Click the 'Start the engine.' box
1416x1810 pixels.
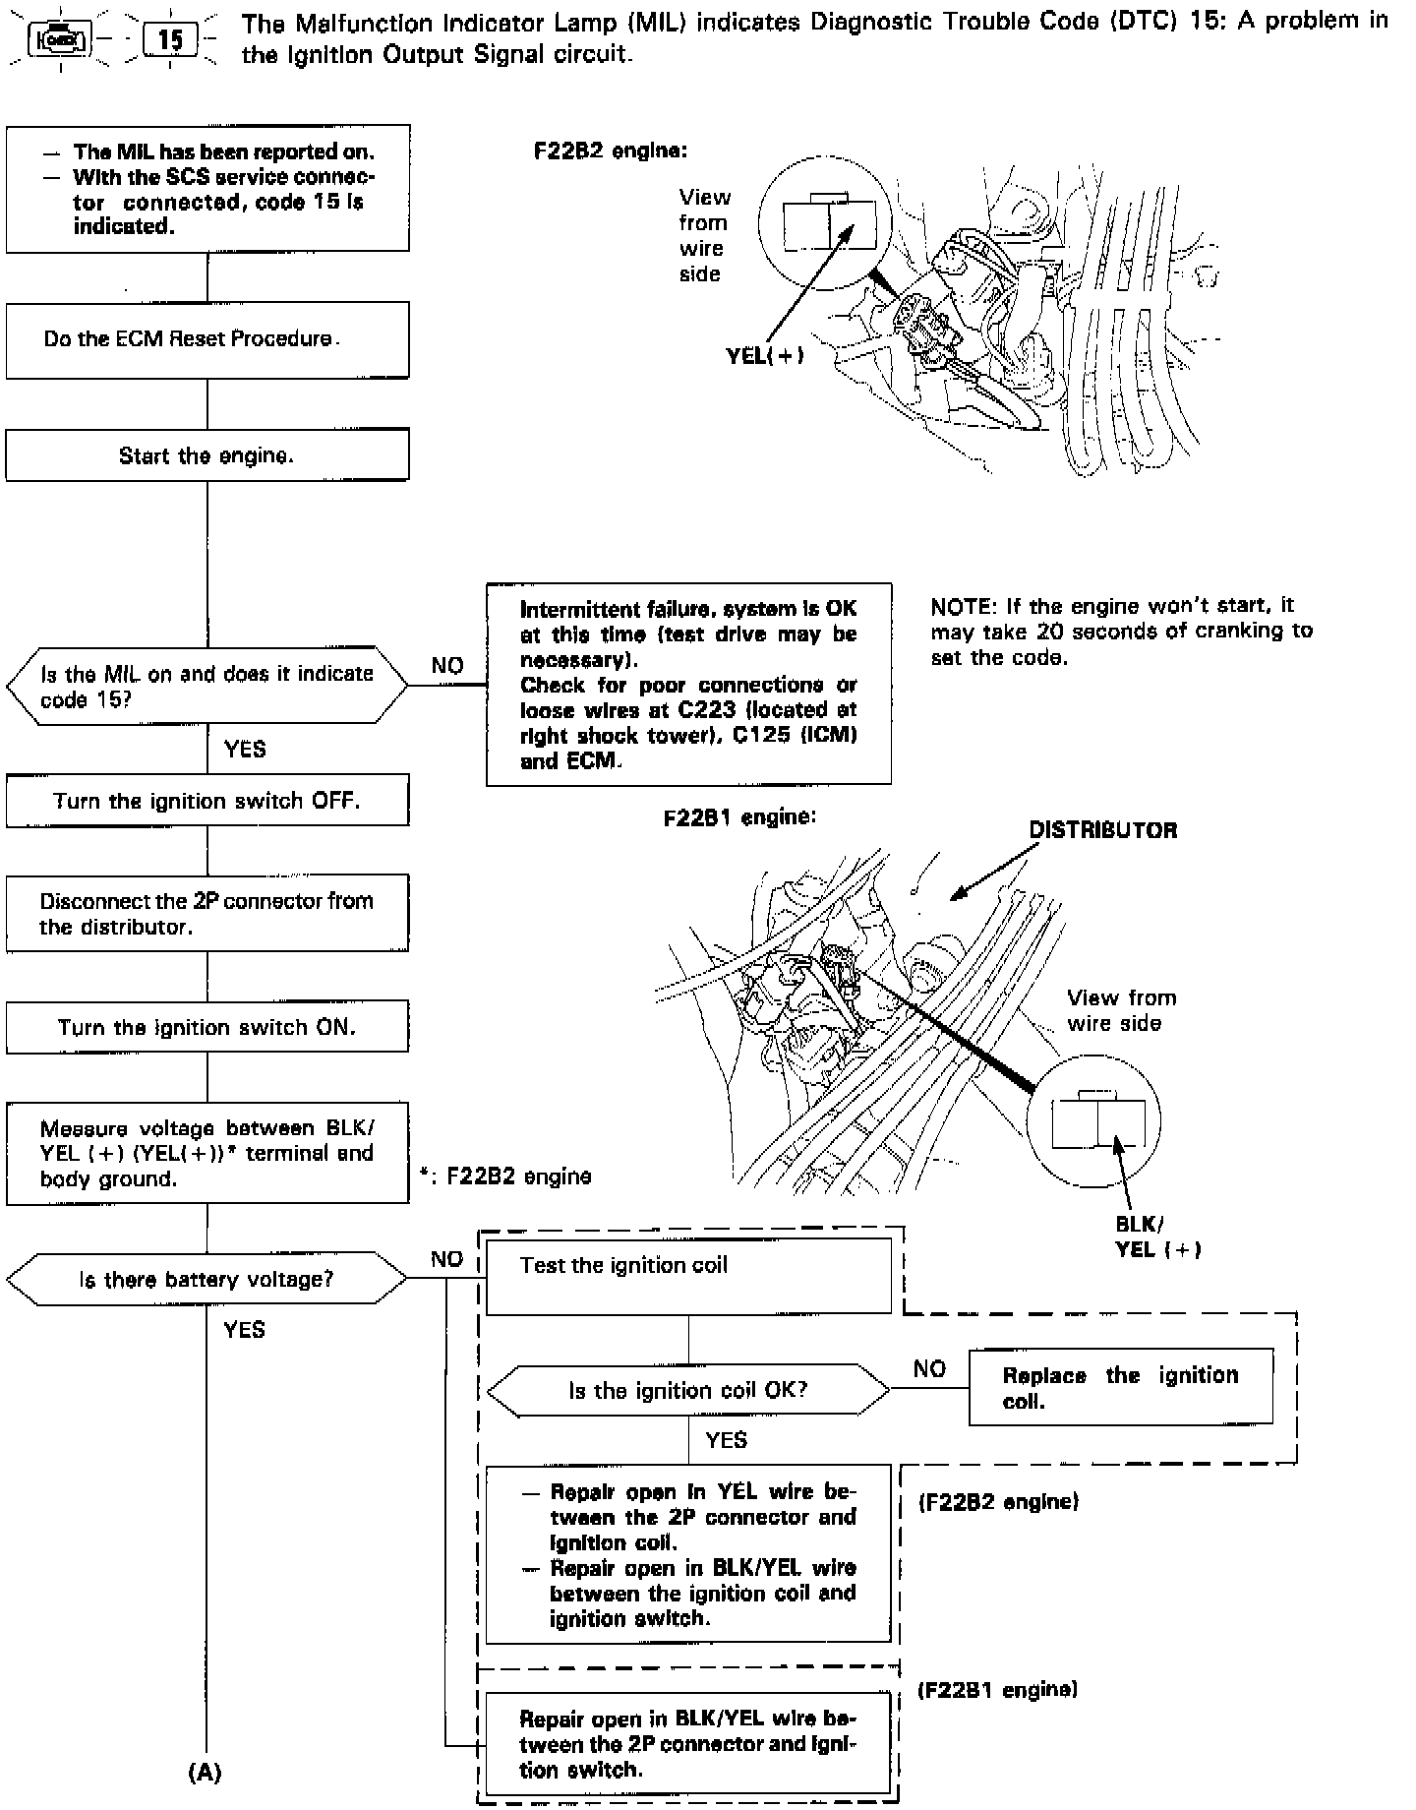[206, 455]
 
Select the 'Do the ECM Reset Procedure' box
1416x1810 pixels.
[206, 339]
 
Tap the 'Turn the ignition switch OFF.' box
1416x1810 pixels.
[206, 801]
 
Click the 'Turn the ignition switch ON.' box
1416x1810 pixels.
[206, 1027]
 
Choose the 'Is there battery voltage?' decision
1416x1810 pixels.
[206, 1279]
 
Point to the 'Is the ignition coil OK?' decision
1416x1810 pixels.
[688, 1390]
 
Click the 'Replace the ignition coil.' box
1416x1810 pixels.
[1120, 1388]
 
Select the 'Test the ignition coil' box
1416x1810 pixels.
[688, 1276]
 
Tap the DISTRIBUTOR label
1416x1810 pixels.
[1102, 830]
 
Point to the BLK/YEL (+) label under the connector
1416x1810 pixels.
[1157, 1237]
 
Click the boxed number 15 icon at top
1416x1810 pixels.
[170, 39]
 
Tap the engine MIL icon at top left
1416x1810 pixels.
[61, 39]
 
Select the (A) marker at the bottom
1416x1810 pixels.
[206, 1772]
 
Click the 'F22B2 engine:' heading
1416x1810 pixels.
[610, 151]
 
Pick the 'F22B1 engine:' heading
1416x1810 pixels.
[739, 817]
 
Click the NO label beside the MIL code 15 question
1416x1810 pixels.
[447, 666]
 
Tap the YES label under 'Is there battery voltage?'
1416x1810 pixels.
[244, 1329]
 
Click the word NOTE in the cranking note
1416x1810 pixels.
[960, 606]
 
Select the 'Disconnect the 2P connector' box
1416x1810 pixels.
[206, 914]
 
